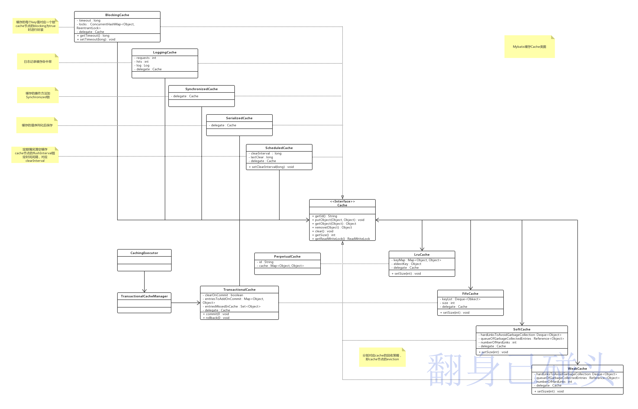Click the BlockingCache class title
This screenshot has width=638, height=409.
click(117, 15)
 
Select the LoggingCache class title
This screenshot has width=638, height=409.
click(165, 52)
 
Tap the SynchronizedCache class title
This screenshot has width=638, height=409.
click(201, 89)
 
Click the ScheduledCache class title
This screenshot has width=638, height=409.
click(279, 148)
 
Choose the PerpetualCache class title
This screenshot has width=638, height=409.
click(287, 257)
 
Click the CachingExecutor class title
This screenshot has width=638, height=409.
click(144, 253)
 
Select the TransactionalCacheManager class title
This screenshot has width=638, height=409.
click(144, 296)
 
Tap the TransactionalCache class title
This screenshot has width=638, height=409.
click(239, 290)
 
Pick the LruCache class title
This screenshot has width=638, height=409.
click(422, 255)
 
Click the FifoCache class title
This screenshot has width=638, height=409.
click(470, 294)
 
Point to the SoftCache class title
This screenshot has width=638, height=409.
click(522, 329)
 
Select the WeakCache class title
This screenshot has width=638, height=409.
click(577, 369)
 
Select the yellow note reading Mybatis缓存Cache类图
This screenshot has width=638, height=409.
click(529, 47)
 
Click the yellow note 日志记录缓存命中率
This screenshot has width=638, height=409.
click(38, 62)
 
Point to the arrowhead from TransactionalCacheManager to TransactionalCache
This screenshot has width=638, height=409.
click(198, 303)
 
